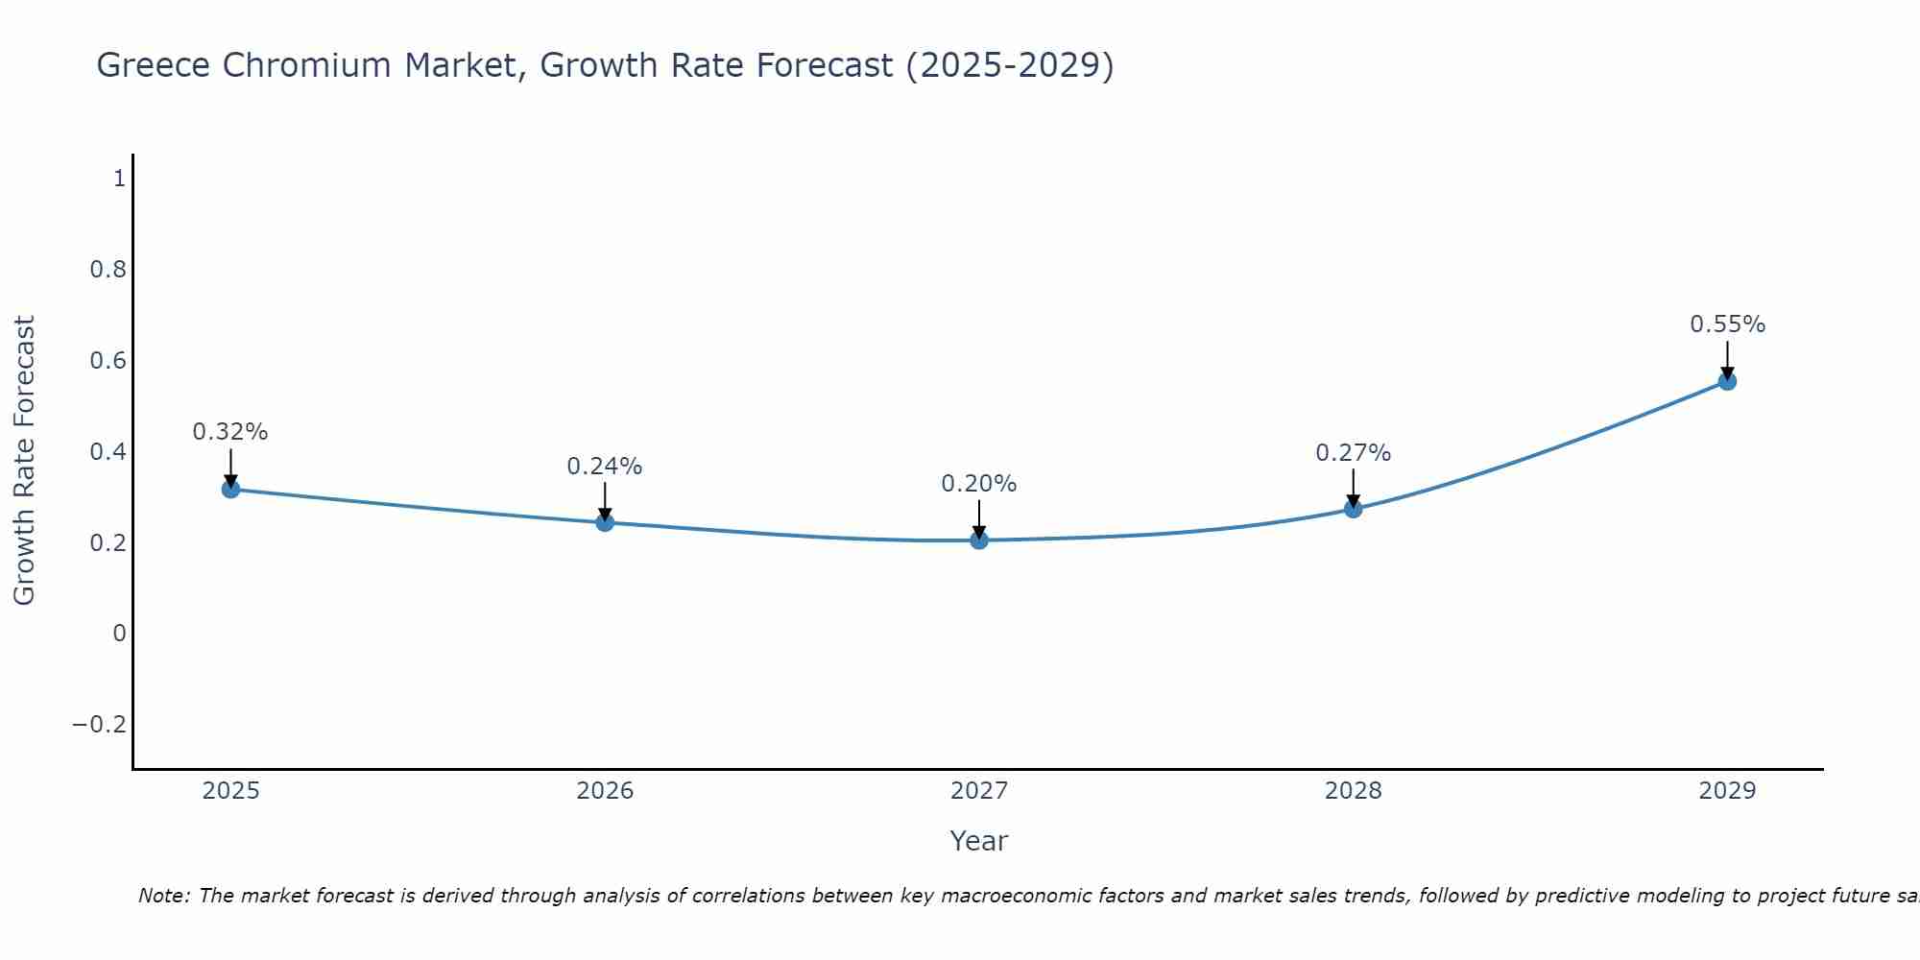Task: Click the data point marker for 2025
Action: (x=230, y=489)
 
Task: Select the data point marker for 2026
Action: (x=605, y=522)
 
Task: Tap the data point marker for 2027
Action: (x=979, y=540)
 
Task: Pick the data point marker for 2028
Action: (x=1353, y=509)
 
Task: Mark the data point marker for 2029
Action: (x=1727, y=381)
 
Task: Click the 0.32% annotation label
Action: (x=230, y=432)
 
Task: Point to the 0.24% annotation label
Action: (x=605, y=467)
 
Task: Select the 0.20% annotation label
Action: (x=979, y=484)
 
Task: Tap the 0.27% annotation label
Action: (x=1353, y=453)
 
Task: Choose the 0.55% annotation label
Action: (x=1727, y=324)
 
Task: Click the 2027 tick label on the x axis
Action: (x=979, y=791)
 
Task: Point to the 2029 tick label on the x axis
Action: (x=1727, y=791)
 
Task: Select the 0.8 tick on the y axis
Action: (x=108, y=270)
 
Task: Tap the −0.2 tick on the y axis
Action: (x=100, y=725)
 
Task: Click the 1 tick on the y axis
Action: (x=119, y=179)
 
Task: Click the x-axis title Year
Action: (x=979, y=841)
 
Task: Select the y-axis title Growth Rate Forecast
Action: (x=24, y=461)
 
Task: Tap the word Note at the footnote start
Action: (x=164, y=896)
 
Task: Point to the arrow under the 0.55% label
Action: (x=1727, y=360)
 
